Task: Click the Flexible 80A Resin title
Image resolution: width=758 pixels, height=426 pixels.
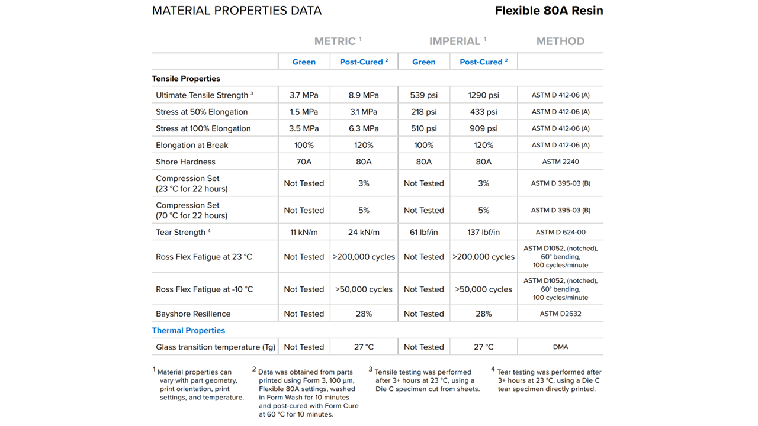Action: (x=548, y=11)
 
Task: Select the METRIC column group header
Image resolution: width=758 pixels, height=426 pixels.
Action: (x=338, y=41)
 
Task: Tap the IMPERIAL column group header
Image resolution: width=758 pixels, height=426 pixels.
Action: (x=457, y=41)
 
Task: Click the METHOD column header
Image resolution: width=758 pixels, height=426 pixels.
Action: (x=560, y=41)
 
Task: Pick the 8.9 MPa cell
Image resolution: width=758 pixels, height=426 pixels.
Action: (x=364, y=95)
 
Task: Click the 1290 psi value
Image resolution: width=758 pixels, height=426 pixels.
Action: (x=483, y=95)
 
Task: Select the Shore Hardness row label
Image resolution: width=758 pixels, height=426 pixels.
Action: (x=185, y=162)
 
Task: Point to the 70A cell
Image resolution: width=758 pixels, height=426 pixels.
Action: (x=304, y=162)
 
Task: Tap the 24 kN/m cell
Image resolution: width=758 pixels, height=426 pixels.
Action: (x=364, y=233)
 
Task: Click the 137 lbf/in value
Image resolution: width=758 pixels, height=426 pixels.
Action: (x=483, y=233)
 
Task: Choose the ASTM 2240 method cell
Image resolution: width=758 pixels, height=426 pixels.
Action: (x=560, y=162)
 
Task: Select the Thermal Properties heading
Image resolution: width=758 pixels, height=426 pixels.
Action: (x=188, y=331)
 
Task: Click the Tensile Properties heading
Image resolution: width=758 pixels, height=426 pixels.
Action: (x=186, y=79)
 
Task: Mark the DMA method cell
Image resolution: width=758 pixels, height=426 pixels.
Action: (x=560, y=347)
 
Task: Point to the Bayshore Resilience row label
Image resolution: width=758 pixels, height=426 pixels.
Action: (x=193, y=314)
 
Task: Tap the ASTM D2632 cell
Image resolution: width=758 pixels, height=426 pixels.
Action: (x=560, y=314)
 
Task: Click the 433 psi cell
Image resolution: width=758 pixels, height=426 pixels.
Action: (x=483, y=112)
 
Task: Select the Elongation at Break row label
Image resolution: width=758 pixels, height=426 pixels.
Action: (x=192, y=145)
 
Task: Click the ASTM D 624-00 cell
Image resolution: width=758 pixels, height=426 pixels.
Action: (x=560, y=233)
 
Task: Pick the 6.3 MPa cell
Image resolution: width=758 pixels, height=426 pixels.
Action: (x=364, y=128)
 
